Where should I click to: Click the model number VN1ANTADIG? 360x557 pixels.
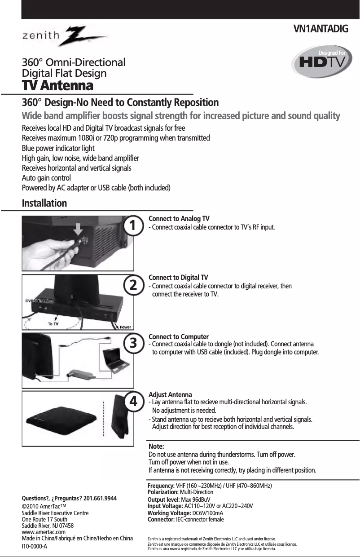click(x=320, y=30)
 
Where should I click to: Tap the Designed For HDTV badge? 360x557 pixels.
click(x=320, y=62)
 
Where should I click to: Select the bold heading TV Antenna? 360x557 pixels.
click(x=57, y=85)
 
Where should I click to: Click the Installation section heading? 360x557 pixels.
click(x=44, y=203)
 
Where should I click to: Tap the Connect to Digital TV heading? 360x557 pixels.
click(x=178, y=278)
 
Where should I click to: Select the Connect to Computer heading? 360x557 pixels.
click(x=178, y=336)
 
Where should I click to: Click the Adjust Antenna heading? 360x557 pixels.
click(x=170, y=394)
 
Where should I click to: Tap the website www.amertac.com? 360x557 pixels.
click(x=44, y=532)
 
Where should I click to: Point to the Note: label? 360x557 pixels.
click(x=156, y=446)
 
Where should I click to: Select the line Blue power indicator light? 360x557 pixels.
click(x=58, y=148)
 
